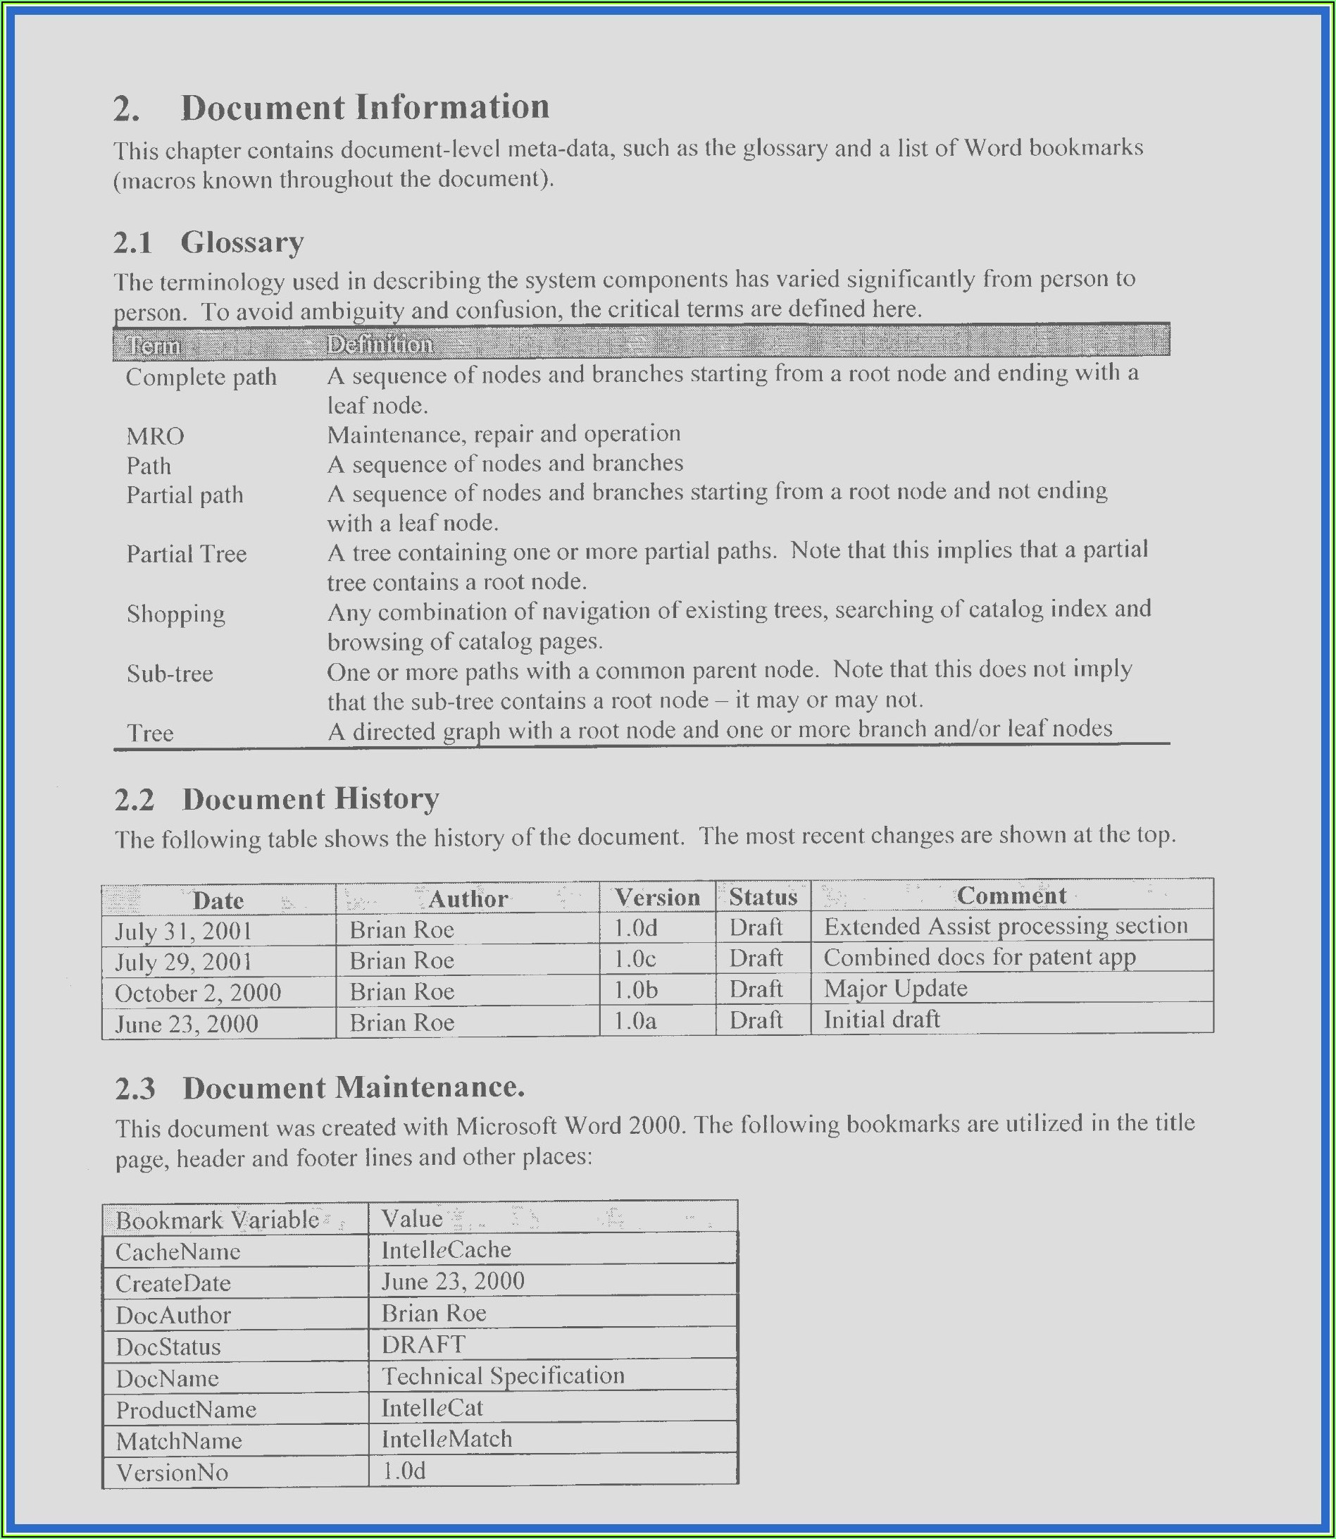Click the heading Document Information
(x=365, y=107)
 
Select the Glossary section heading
(x=242, y=243)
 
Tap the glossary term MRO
(x=155, y=435)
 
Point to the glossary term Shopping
(x=175, y=614)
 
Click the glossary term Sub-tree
(x=169, y=674)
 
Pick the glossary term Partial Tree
(x=186, y=555)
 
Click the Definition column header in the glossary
(x=380, y=344)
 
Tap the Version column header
(x=657, y=898)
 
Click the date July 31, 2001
(x=183, y=931)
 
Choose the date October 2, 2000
(x=198, y=993)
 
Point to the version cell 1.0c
(x=635, y=959)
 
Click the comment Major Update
(x=894, y=989)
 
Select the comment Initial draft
(x=881, y=1020)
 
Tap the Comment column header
(x=1011, y=896)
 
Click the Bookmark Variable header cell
(x=217, y=1220)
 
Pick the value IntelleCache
(x=446, y=1250)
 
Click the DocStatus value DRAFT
(x=423, y=1345)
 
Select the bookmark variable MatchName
(x=179, y=1440)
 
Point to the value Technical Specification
(x=502, y=1376)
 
